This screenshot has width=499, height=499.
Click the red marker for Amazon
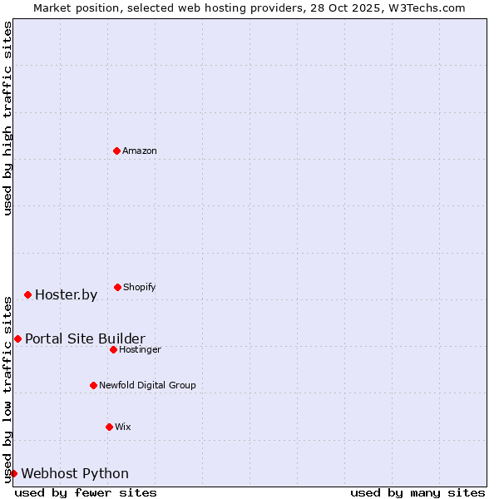tap(116, 151)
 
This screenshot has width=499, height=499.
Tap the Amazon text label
tap(139, 151)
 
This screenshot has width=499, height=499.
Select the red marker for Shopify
tap(117, 287)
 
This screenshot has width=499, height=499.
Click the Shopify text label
tap(139, 288)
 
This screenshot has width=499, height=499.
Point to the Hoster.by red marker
tap(27, 294)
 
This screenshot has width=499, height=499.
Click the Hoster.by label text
tap(66, 295)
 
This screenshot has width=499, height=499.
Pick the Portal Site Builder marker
tap(17, 338)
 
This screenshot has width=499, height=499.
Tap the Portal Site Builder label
tap(85, 339)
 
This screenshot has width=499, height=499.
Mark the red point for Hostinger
tap(113, 349)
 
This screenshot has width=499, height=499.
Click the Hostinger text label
tap(140, 350)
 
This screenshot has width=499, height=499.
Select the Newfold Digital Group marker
tap(93, 385)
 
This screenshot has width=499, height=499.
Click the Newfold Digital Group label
tap(147, 386)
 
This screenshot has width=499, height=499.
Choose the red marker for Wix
tap(109, 427)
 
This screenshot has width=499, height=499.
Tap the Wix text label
tap(123, 427)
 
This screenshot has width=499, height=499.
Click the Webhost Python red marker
tap(13, 473)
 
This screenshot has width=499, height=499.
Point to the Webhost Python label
tap(75, 474)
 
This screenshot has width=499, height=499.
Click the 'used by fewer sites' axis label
tap(86, 492)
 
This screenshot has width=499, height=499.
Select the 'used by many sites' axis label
tap(417, 492)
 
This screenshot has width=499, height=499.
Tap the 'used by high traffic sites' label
tap(7, 118)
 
